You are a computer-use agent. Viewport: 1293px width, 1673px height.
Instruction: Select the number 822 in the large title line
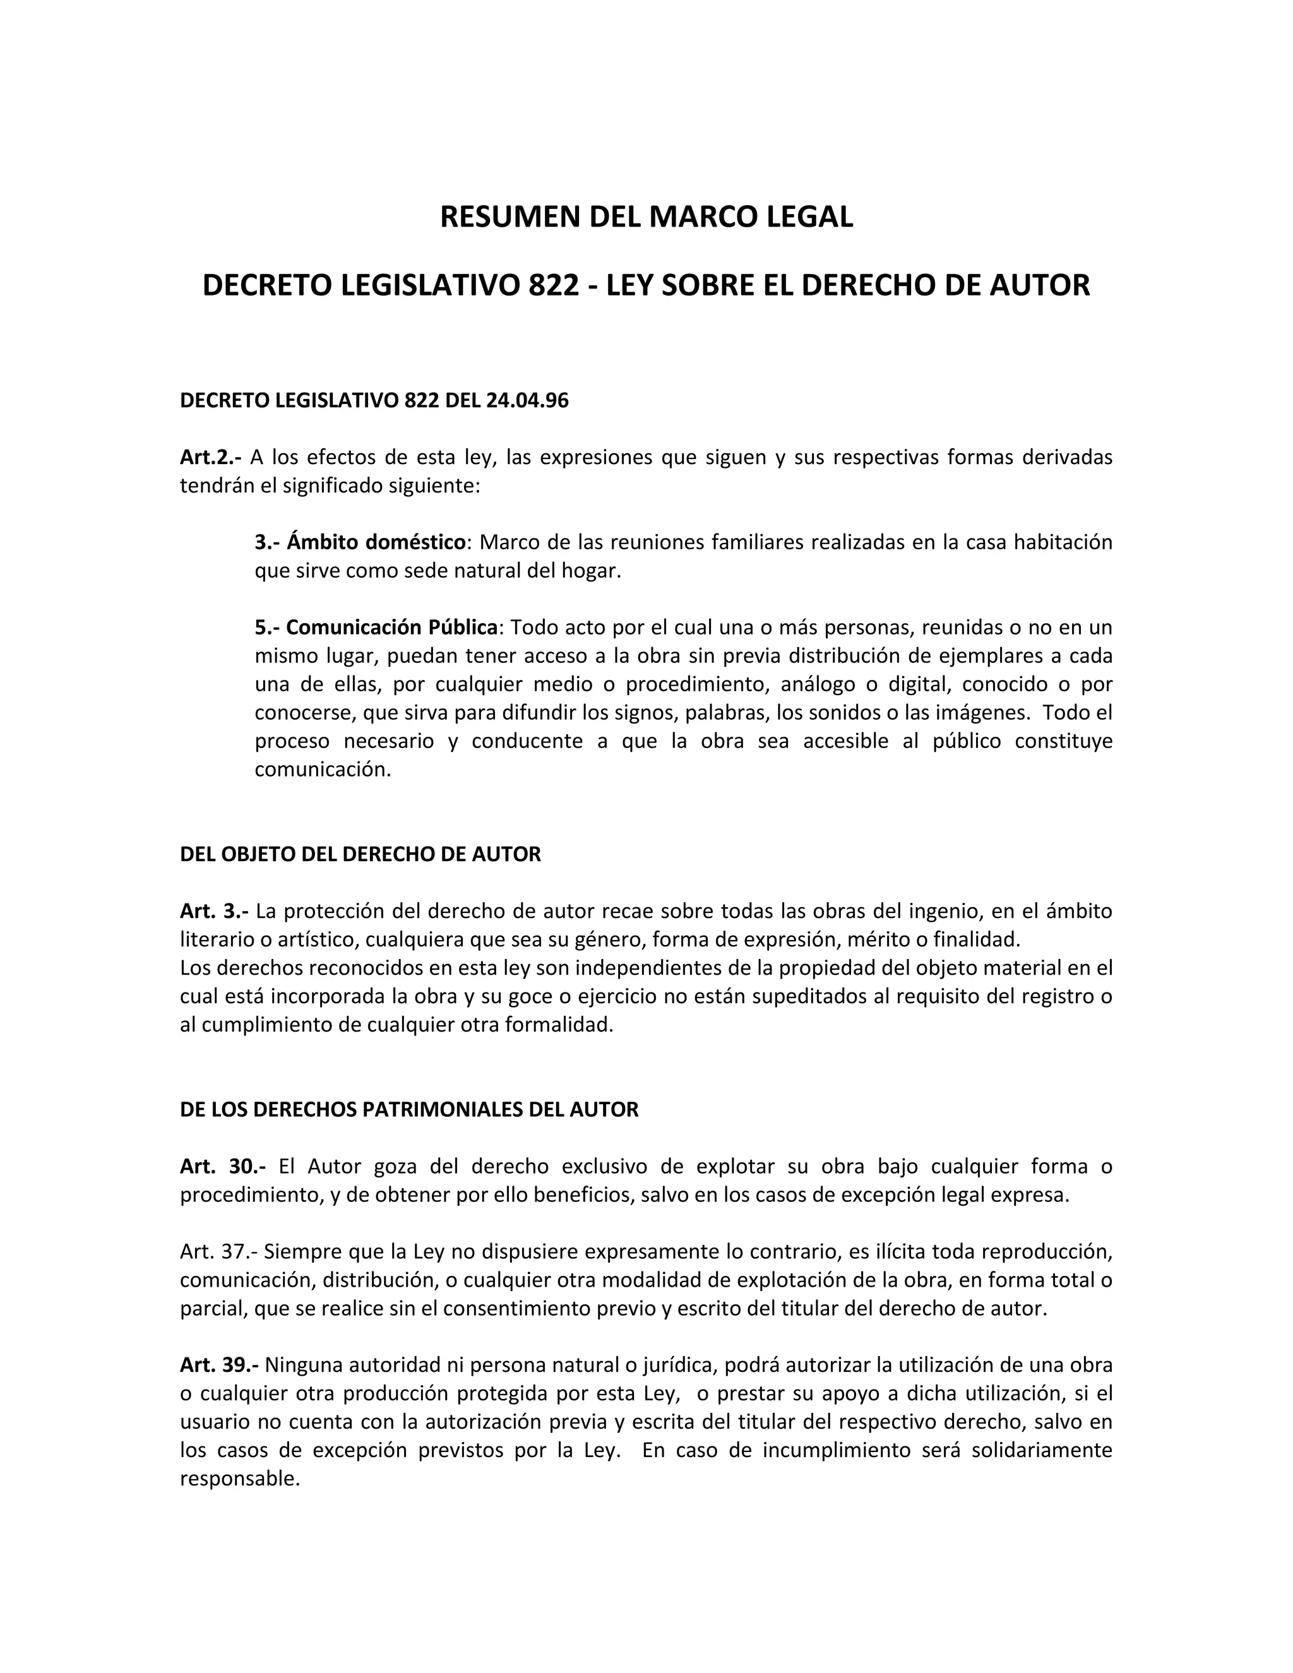[x=553, y=286]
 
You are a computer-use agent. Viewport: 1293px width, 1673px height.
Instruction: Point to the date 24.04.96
[x=527, y=401]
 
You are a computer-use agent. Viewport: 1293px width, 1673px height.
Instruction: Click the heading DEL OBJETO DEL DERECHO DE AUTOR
[x=360, y=854]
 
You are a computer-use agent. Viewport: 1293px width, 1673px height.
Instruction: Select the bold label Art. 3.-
[x=214, y=911]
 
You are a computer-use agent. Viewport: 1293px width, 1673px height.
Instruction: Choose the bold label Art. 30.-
[x=223, y=1167]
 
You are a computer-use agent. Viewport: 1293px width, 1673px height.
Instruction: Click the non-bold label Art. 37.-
[x=219, y=1252]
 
